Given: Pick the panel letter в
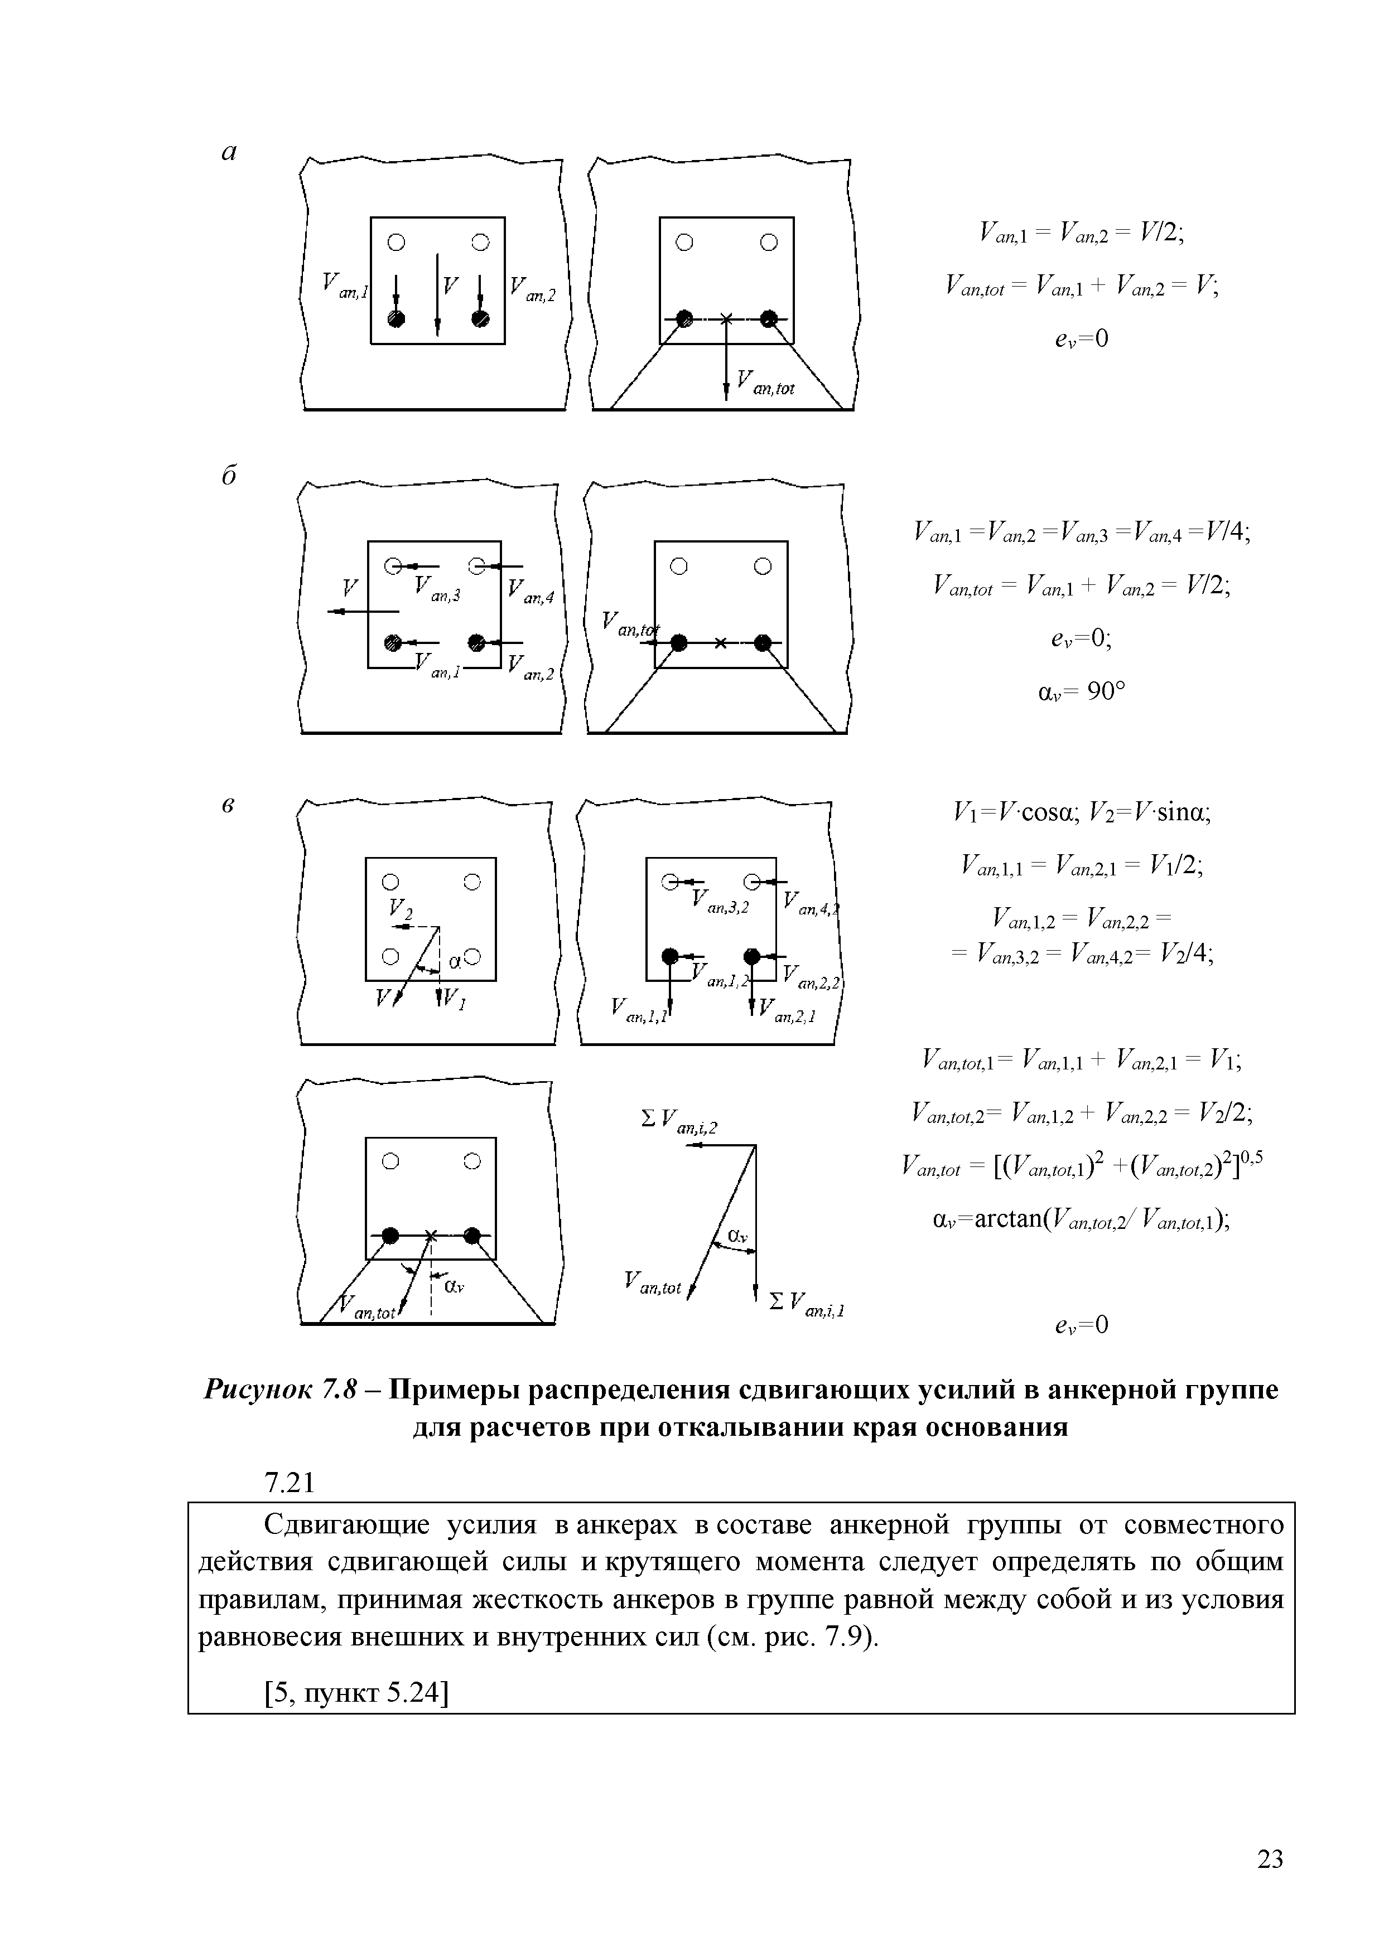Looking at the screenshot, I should tap(228, 806).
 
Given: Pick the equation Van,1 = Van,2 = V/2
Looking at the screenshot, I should tap(1081, 232).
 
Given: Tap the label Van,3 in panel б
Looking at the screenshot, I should tap(436, 589).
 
